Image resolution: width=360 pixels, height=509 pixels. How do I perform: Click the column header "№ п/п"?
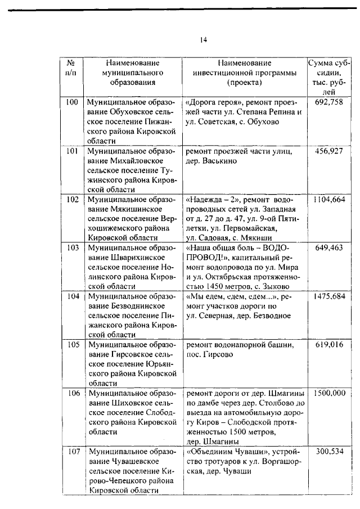[x=71, y=68]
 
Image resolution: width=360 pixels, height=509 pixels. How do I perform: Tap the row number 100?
[x=71, y=102]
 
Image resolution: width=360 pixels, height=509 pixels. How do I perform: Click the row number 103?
[x=71, y=247]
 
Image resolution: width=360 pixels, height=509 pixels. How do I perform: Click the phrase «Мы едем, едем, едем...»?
[x=231, y=296]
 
